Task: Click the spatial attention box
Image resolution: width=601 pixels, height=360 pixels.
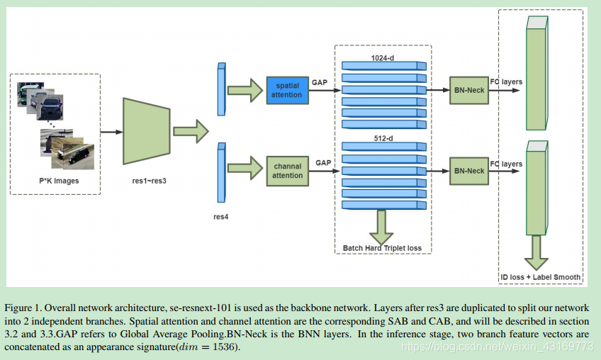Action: pos(288,90)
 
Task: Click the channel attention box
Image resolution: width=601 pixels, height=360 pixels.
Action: pos(288,171)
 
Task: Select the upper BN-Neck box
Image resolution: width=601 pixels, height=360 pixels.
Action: pos(468,90)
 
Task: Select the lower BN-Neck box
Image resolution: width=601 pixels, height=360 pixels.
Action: pos(468,171)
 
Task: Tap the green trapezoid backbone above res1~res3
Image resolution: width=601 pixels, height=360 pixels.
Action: pos(147,132)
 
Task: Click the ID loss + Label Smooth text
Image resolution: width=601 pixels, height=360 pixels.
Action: pos(541,277)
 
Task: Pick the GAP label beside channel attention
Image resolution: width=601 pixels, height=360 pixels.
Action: pos(323,163)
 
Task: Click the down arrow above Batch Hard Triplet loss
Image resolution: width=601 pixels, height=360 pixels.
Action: pos(383,227)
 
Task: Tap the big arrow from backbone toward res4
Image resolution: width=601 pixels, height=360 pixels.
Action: pos(190,131)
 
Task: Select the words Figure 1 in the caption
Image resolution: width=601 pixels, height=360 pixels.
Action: pos(24,308)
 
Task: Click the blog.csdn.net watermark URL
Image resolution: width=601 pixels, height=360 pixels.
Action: pos(496,346)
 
